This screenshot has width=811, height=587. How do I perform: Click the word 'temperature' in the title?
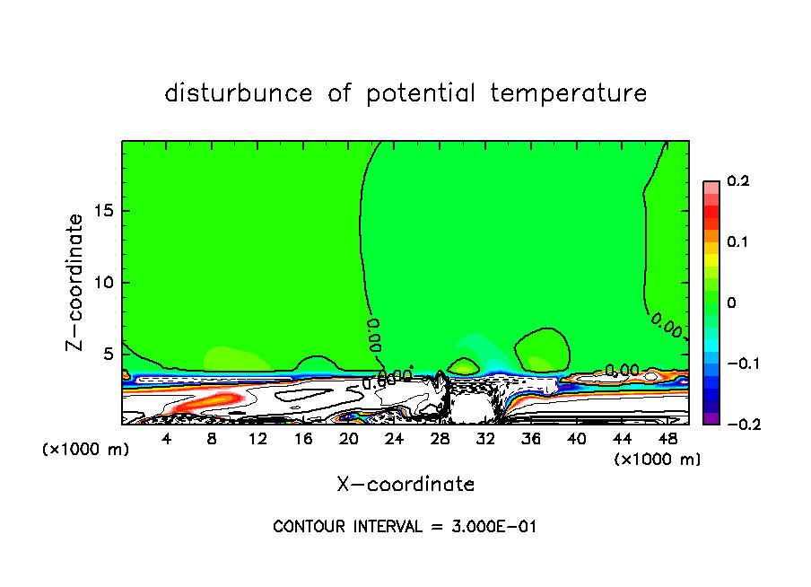coord(569,93)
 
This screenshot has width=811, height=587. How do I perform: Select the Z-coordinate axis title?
coord(76,282)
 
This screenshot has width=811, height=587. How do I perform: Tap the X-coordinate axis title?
coord(405,485)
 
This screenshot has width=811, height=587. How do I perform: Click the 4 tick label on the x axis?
coord(167,439)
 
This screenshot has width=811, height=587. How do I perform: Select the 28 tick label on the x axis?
coord(440,439)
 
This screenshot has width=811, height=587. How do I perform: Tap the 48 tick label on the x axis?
coord(667,439)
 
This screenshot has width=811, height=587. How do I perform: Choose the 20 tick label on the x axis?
coord(349,439)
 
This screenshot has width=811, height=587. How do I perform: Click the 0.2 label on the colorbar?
coord(737,181)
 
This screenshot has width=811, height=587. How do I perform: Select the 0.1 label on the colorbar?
coord(737,242)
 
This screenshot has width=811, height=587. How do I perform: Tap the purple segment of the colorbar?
coord(711,417)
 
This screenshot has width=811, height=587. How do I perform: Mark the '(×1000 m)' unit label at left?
coord(86,450)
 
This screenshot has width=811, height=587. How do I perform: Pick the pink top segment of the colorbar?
coord(711,187)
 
